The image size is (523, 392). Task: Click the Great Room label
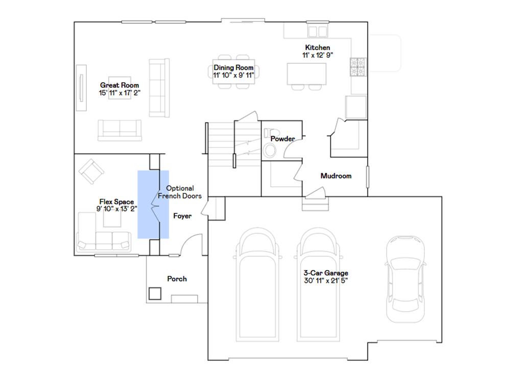pyautogui.click(x=120, y=85)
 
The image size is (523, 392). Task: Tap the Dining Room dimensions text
pyautogui.click(x=233, y=75)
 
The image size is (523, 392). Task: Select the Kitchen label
pyautogui.click(x=317, y=47)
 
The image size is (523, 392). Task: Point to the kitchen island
pyautogui.click(x=306, y=73)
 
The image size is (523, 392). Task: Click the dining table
pyautogui.click(x=235, y=71)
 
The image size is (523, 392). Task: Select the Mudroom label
pyautogui.click(x=336, y=176)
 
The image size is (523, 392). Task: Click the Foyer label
pyautogui.click(x=182, y=216)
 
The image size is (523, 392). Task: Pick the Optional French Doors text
pyautogui.click(x=180, y=192)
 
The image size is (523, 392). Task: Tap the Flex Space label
pyautogui.click(x=116, y=202)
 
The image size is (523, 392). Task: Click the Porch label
pyautogui.click(x=177, y=279)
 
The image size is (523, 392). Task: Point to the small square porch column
pyautogui.click(x=155, y=293)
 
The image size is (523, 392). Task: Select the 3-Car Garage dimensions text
pyautogui.click(x=326, y=280)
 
